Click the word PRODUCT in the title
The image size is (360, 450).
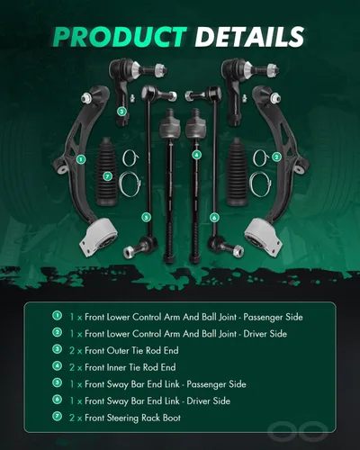click(x=120, y=37)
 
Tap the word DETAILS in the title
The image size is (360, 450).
click(x=249, y=37)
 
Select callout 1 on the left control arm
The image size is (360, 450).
click(x=81, y=159)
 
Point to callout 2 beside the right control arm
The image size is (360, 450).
click(x=276, y=157)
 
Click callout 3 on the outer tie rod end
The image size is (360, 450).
click(x=121, y=112)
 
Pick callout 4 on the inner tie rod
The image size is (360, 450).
click(x=196, y=155)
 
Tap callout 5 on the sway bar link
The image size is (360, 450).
click(x=146, y=217)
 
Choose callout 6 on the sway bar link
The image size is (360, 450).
click(x=214, y=217)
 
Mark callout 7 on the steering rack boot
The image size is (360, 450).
click(x=107, y=176)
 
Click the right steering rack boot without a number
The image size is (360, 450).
click(x=238, y=172)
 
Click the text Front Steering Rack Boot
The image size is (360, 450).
click(x=133, y=418)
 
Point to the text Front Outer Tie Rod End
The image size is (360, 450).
click(x=131, y=350)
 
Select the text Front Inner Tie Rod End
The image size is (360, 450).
click(x=130, y=367)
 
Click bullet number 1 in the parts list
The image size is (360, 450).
click(x=57, y=316)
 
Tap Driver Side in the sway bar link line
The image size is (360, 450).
click(x=209, y=400)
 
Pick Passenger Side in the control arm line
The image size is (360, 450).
click(x=273, y=317)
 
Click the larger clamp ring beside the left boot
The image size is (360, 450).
click(x=130, y=184)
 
